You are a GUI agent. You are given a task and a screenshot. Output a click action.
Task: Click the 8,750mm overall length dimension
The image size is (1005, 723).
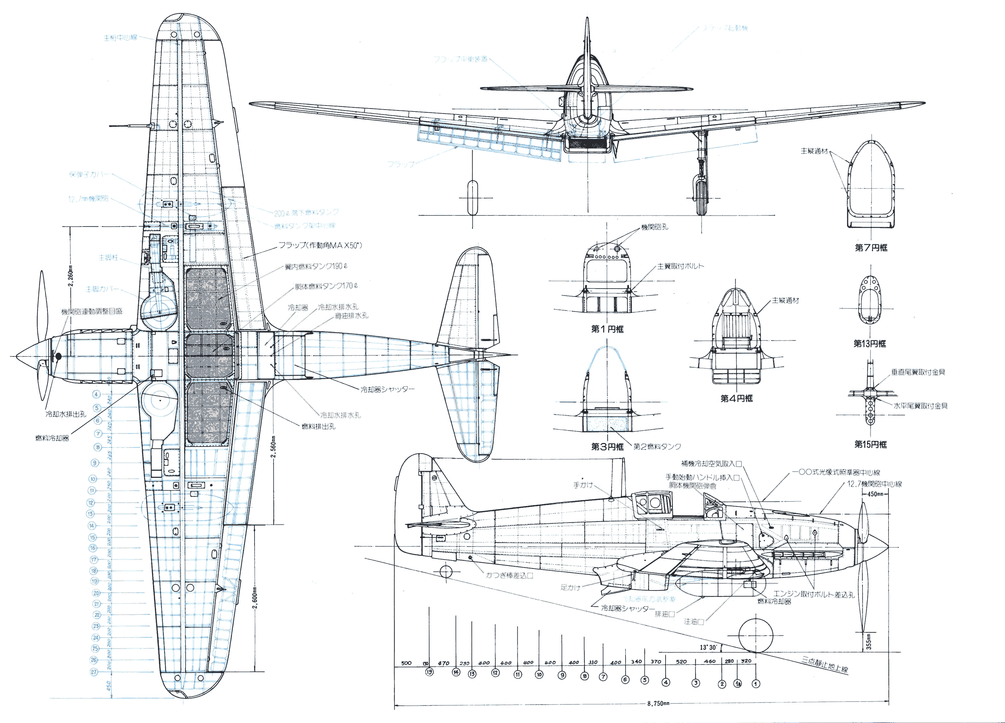(658, 703)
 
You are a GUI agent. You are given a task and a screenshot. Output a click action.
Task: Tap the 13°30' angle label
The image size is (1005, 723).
(708, 647)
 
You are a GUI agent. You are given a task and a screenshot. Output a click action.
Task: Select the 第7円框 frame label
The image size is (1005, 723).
(871, 248)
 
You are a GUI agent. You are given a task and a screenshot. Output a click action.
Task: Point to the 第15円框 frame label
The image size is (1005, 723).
(870, 444)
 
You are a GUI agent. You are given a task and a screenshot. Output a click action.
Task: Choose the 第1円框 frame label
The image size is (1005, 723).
(607, 329)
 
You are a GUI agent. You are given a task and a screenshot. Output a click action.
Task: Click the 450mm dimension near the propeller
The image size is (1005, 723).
(875, 494)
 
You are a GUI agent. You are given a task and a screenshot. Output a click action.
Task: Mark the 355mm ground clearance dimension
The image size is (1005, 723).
(869, 641)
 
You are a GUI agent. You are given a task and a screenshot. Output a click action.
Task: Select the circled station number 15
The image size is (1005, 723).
(429, 672)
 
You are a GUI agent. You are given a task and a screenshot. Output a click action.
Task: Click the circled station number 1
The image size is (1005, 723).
(756, 684)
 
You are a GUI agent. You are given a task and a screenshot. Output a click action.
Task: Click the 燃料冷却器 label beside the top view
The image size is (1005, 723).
(52, 438)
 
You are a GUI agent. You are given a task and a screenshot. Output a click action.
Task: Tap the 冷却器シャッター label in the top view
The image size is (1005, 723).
(387, 389)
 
